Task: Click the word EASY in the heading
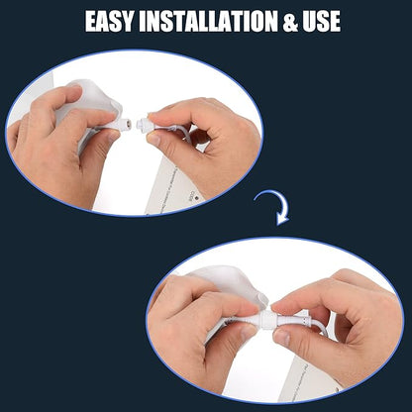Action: (x=109, y=22)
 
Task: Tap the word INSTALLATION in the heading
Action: (x=208, y=22)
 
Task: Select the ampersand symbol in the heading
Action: (x=290, y=22)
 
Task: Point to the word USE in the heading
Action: (x=322, y=22)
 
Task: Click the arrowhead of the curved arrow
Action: (x=282, y=220)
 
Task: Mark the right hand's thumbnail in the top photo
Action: (x=154, y=140)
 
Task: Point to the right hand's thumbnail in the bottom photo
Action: (x=281, y=338)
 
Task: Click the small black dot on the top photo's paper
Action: (x=196, y=198)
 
